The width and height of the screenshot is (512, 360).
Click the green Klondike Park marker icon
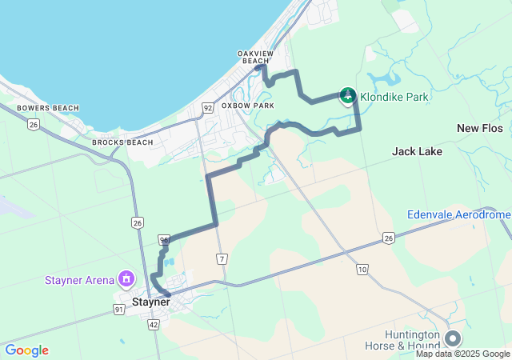(348, 96)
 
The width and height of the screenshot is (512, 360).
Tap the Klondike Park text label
(394, 98)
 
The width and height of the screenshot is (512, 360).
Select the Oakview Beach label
(255, 57)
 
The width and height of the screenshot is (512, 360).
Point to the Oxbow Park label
(248, 106)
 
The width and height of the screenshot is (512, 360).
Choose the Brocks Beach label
(122, 142)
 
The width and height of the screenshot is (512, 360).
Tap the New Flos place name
(478, 128)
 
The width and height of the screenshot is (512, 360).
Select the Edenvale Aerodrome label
(458, 215)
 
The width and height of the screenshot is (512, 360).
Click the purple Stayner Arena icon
(126, 279)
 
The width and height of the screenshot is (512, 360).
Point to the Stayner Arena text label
(79, 281)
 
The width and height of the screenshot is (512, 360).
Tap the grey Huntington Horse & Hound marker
(453, 338)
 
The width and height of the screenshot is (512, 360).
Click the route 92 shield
(207, 107)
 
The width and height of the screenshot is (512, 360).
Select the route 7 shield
(222, 258)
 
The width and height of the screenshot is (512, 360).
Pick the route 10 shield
(362, 270)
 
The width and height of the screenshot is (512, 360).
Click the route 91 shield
(119, 309)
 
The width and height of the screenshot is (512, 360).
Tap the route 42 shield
(154, 324)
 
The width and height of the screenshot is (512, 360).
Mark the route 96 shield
(164, 239)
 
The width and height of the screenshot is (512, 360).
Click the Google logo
(26, 350)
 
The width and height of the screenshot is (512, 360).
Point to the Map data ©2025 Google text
(462, 354)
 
